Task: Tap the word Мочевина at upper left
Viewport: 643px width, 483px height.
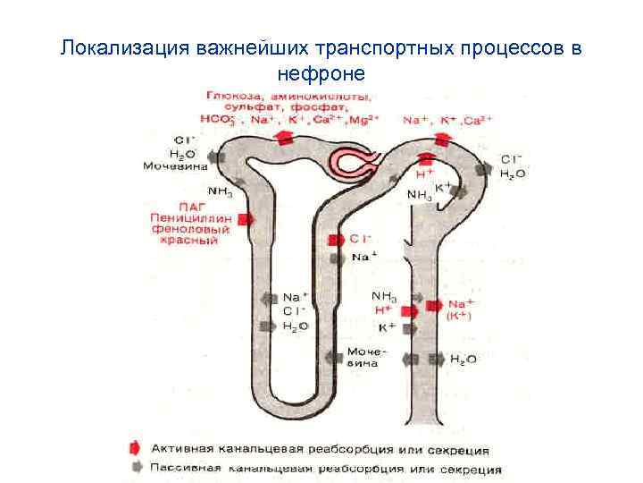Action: click(x=176, y=166)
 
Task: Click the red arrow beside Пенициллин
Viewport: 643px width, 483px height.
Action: click(x=244, y=217)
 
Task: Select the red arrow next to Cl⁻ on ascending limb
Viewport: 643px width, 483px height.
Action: click(x=335, y=240)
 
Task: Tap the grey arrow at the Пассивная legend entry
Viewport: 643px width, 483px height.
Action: click(x=134, y=467)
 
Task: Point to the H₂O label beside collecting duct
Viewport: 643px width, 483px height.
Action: click(x=463, y=359)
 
